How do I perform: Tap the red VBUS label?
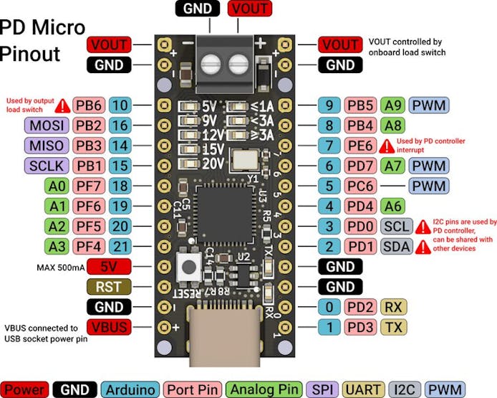108,327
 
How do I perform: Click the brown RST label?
108,287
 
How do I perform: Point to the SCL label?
396,227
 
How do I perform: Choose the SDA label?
396,247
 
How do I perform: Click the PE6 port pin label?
362,146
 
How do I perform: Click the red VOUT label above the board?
248,9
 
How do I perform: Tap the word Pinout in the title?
31,54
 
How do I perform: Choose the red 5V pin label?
108,267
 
